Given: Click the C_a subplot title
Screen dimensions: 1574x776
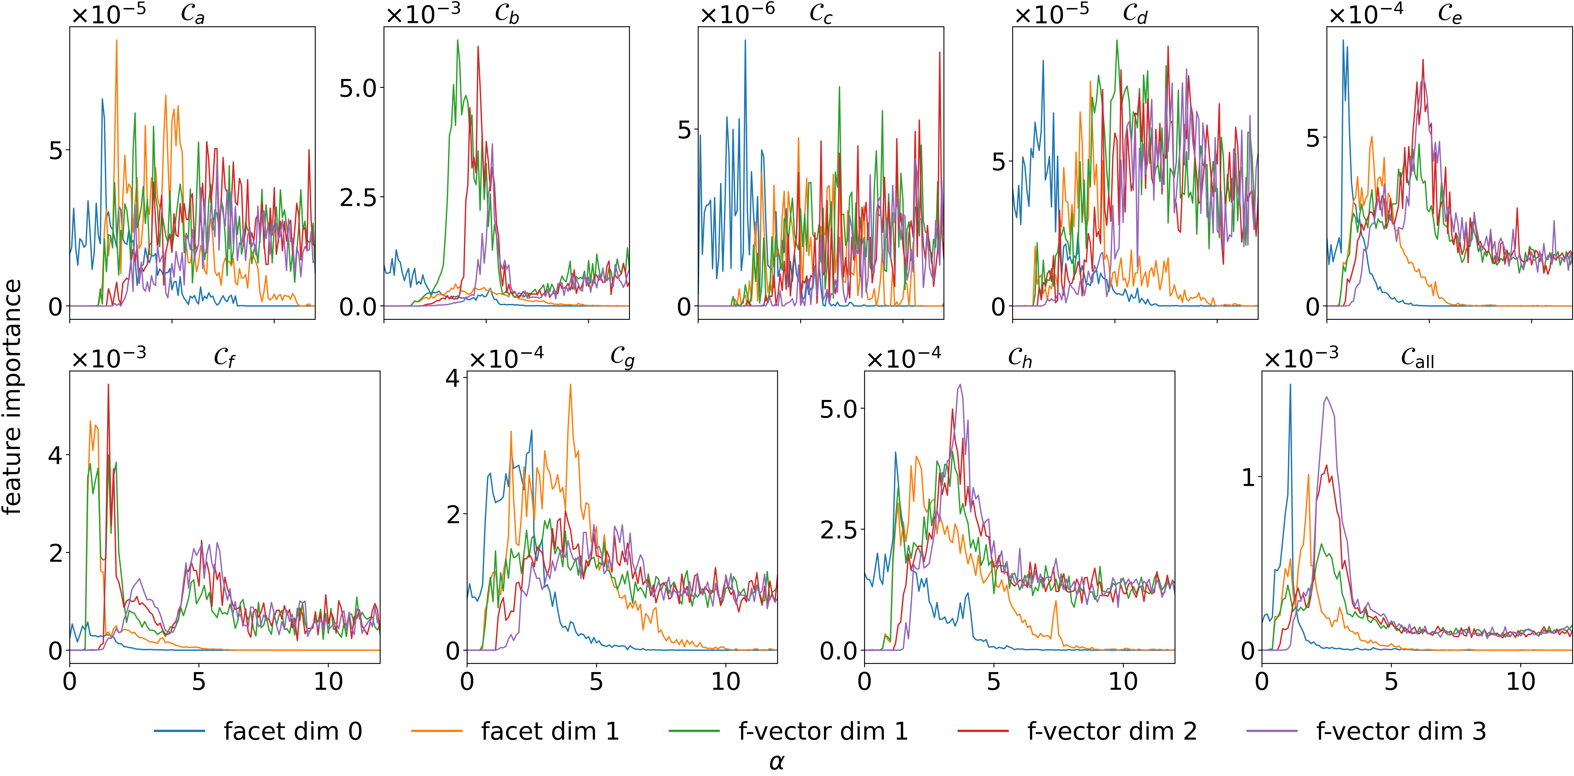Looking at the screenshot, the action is pyautogui.click(x=192, y=14).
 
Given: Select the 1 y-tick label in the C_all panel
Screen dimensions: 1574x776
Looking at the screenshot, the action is pyautogui.click(x=1248, y=477).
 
